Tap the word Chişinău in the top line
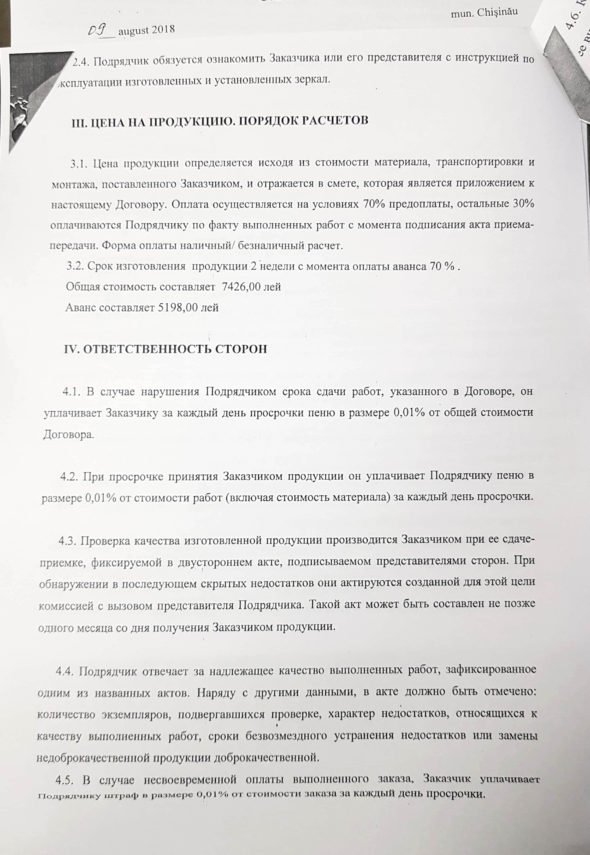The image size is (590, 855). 497,12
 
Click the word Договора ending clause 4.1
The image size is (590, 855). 68,434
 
